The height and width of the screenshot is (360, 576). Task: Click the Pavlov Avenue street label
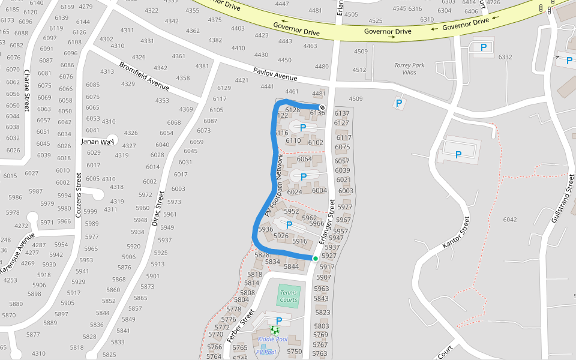point(275,74)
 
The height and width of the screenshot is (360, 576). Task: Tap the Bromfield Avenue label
point(144,76)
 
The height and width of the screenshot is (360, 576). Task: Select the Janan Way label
point(97,142)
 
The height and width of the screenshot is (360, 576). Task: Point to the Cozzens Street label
point(78,195)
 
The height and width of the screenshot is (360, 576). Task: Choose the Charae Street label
point(26,88)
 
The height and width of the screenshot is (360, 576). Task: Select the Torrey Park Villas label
point(409,68)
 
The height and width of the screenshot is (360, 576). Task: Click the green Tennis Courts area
point(288,296)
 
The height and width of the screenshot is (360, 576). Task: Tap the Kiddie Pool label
point(273,340)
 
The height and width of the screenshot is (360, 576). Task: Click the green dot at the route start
point(315,259)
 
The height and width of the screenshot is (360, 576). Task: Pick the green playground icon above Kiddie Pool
point(275,330)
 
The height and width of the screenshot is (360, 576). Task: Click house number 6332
point(505,57)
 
